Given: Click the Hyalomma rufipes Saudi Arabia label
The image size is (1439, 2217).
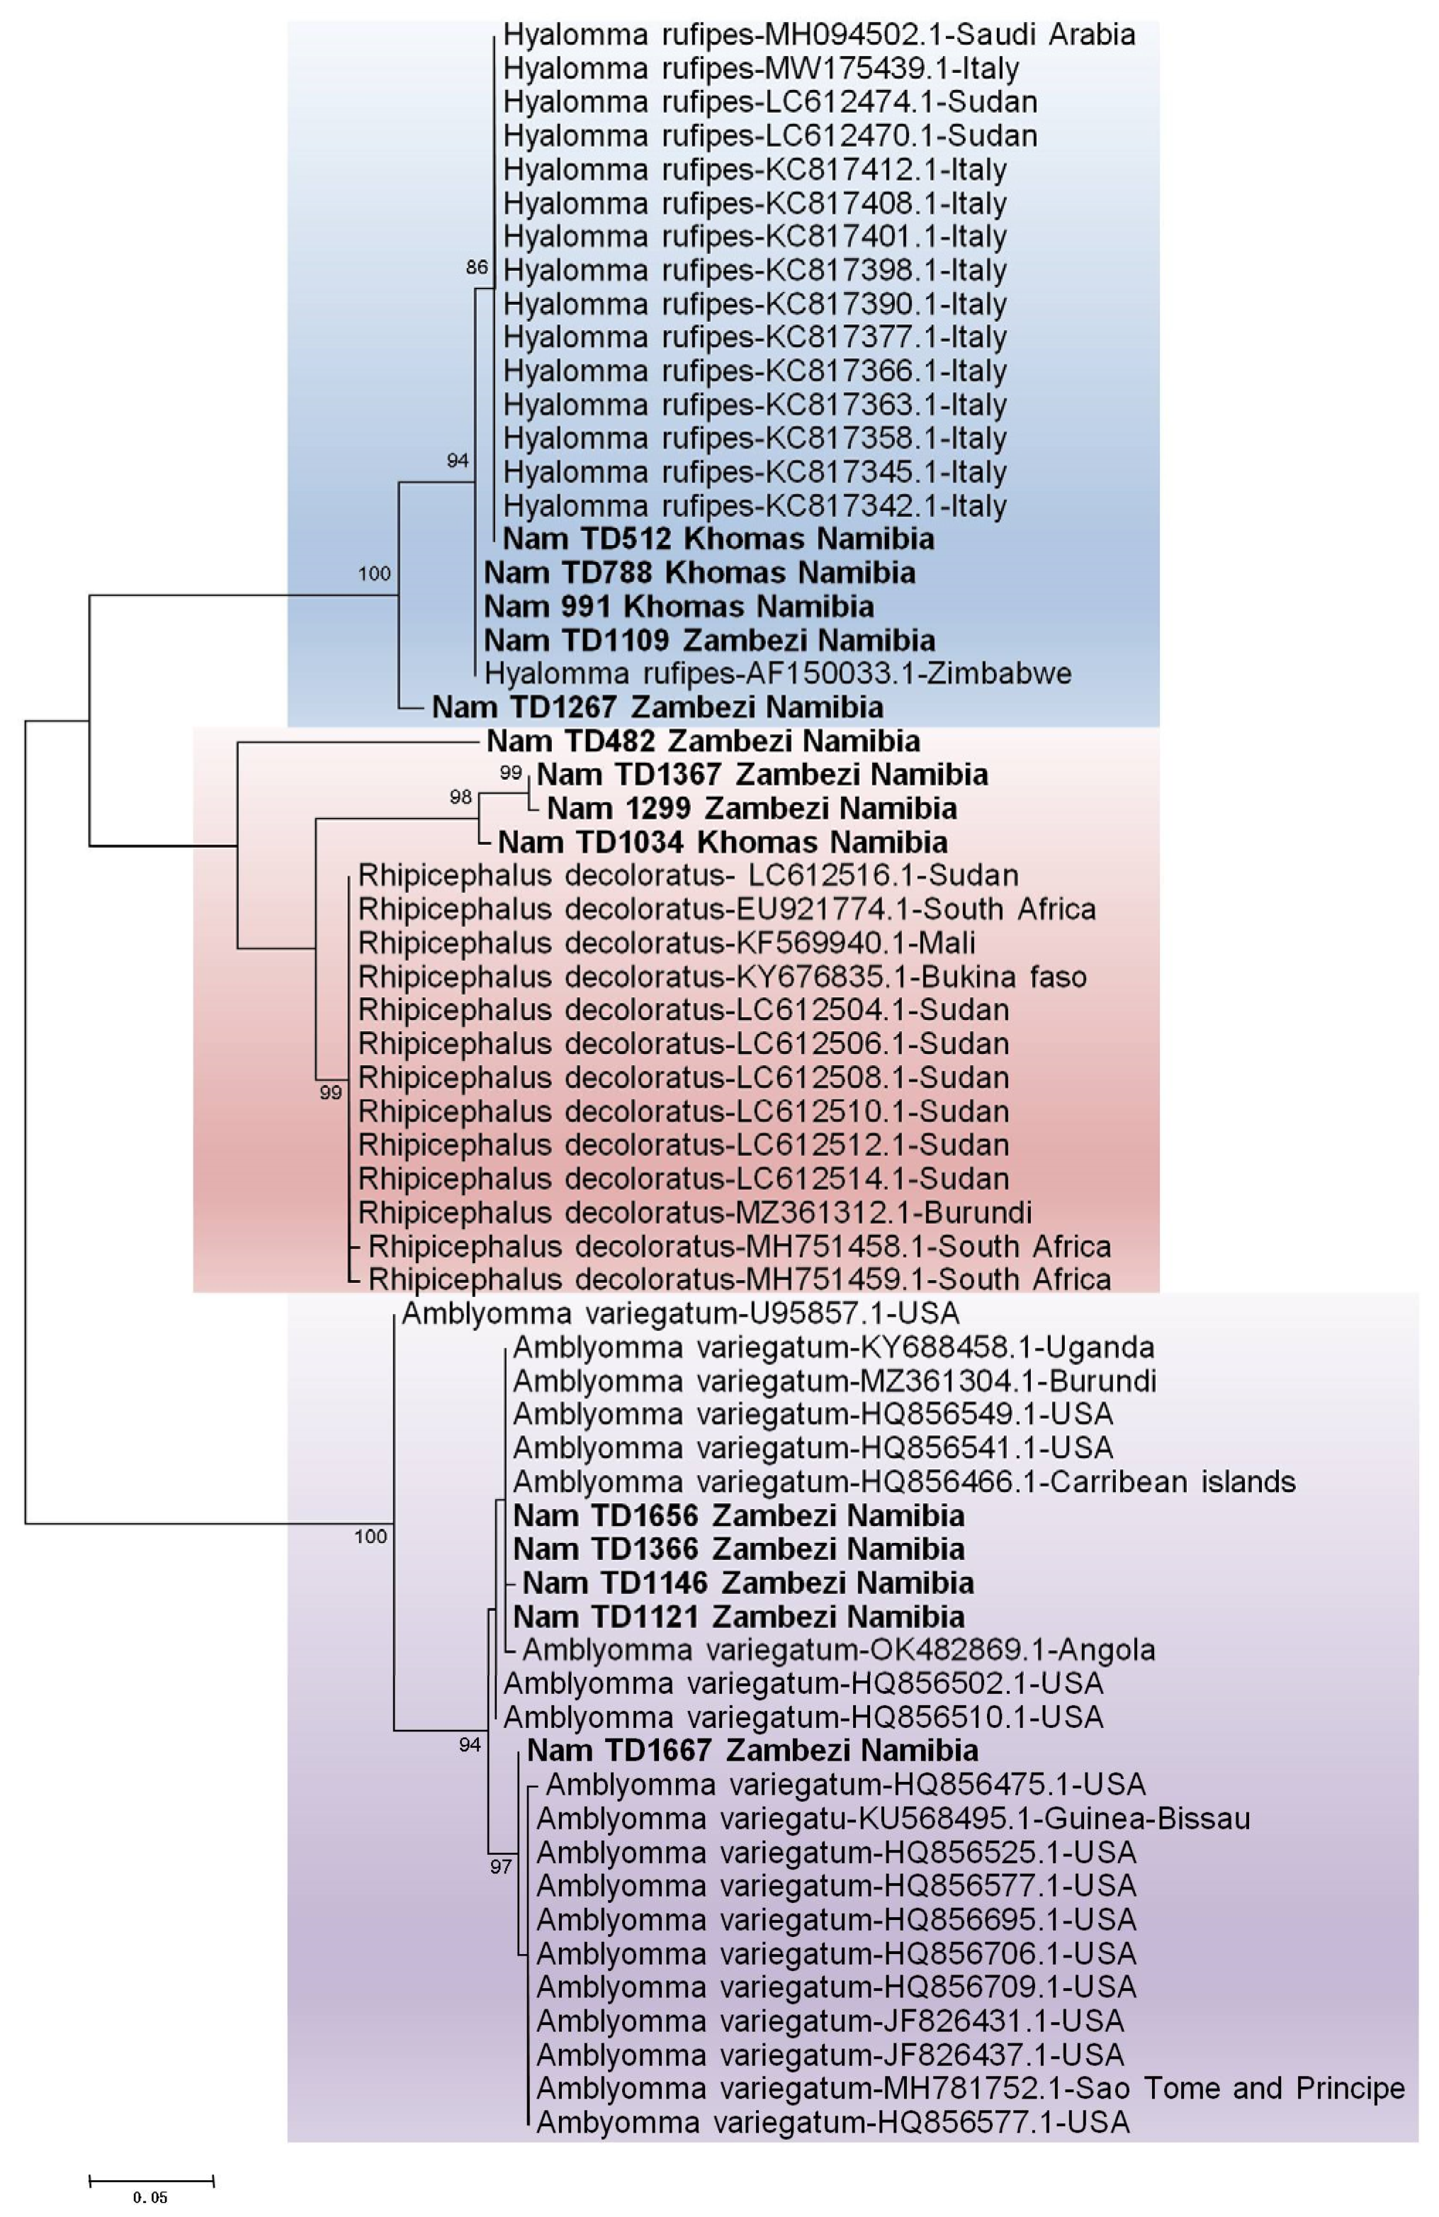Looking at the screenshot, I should coord(818,35).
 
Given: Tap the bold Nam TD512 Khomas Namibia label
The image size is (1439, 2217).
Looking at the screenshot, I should coord(718,539).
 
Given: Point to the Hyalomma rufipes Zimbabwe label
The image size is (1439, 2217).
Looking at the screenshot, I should coord(778,673).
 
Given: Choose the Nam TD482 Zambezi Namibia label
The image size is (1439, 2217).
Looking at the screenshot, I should coord(703,741).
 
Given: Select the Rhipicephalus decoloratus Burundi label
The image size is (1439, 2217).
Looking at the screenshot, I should coord(694,1212).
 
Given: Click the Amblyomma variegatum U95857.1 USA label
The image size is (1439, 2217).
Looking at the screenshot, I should coord(680,1313).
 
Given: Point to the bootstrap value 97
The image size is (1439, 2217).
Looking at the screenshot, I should coord(501,1866).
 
